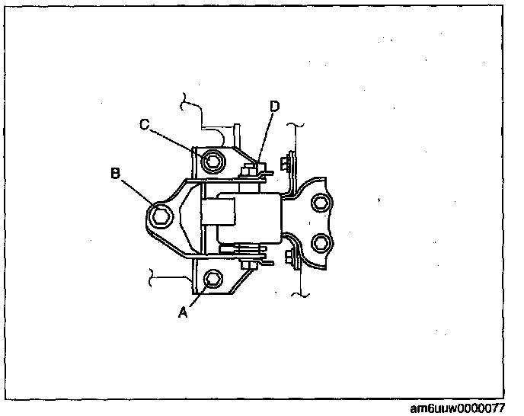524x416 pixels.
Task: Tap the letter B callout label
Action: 116,173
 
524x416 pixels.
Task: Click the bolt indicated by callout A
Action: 212,278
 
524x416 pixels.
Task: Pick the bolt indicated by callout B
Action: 162,216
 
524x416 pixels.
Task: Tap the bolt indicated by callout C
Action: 213,161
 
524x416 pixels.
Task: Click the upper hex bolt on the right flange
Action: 321,201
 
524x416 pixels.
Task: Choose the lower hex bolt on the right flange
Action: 321,243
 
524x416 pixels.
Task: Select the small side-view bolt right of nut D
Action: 286,162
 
